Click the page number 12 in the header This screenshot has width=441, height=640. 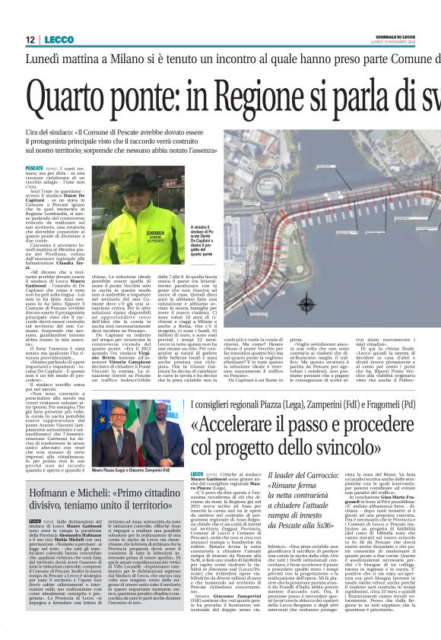30,39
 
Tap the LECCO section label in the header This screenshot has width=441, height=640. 59,39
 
